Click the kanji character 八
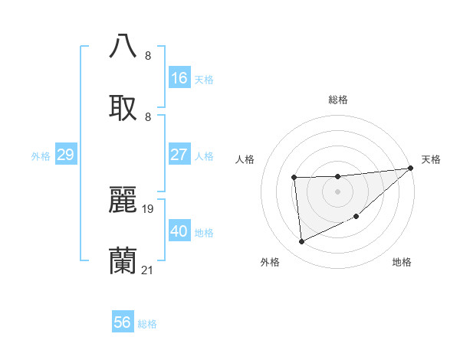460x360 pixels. click(x=123, y=46)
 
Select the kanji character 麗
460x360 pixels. click(x=123, y=198)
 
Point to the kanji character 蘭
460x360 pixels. click(x=123, y=260)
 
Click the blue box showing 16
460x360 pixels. click(x=179, y=78)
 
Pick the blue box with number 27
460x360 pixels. click(x=179, y=155)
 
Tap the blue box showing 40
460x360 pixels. click(x=179, y=231)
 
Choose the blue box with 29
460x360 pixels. click(x=65, y=155)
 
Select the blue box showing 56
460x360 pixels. click(x=123, y=322)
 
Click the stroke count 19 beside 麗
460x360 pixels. click(x=149, y=208)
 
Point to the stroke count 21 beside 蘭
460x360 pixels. click(x=148, y=270)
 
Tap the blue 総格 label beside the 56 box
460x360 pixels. click(x=147, y=324)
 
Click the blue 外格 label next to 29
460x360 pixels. click(x=41, y=156)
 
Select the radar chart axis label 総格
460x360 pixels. click(x=338, y=100)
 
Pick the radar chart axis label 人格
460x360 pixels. click(x=246, y=159)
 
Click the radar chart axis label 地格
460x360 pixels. click(x=402, y=262)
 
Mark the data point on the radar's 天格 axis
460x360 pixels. click(x=410, y=169)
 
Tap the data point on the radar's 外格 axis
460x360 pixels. click(x=301, y=242)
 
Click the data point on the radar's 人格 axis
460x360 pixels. click(x=294, y=178)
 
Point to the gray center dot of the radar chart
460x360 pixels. click(x=337, y=191)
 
